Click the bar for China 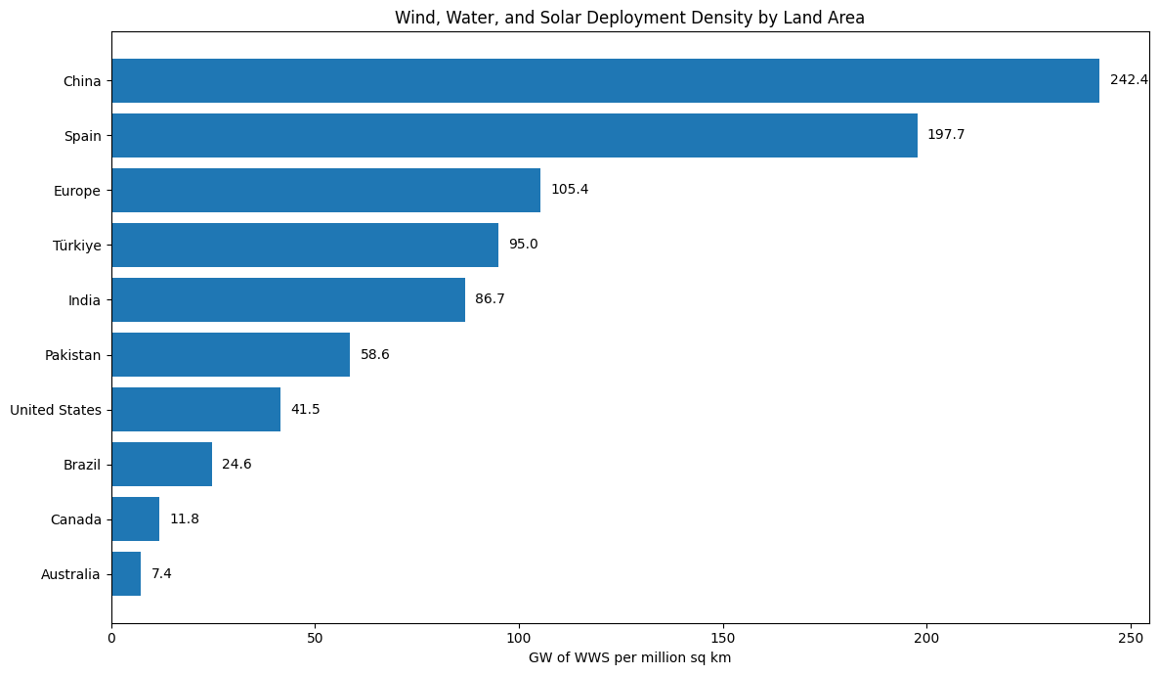pos(605,80)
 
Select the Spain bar pos(514,135)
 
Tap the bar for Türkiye pos(305,245)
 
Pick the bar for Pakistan pos(231,354)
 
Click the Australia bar pos(126,574)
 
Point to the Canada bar pos(136,519)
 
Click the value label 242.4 pos(1129,80)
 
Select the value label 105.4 pos(570,190)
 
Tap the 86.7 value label pos(490,299)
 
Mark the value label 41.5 pos(305,409)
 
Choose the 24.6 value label pos(236,465)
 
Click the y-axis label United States pos(56,410)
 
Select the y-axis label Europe pos(77,191)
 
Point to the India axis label pos(84,300)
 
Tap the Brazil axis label pos(82,465)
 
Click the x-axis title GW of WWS pos(629,658)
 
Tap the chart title pos(629,18)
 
